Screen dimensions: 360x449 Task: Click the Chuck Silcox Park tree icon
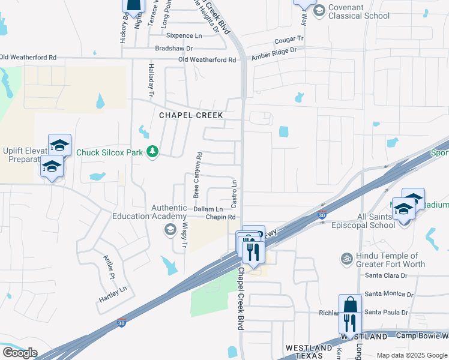point(153,152)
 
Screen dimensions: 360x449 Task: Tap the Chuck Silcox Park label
point(110,152)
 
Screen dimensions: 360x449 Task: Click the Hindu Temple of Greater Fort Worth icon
point(346,259)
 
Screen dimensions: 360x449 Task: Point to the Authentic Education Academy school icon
point(170,229)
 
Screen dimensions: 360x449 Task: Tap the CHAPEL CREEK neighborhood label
point(191,115)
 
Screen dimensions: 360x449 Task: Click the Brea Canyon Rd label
point(196,175)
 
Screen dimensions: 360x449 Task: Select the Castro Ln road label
point(235,191)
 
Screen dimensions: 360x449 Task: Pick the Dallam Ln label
point(208,209)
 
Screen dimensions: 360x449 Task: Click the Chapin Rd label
point(218,217)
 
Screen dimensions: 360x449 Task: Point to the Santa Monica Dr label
point(389,294)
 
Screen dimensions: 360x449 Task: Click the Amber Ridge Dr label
point(275,52)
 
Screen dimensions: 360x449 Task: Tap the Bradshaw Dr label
point(173,48)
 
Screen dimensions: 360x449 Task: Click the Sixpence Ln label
point(184,36)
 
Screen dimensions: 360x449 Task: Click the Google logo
point(20,353)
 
